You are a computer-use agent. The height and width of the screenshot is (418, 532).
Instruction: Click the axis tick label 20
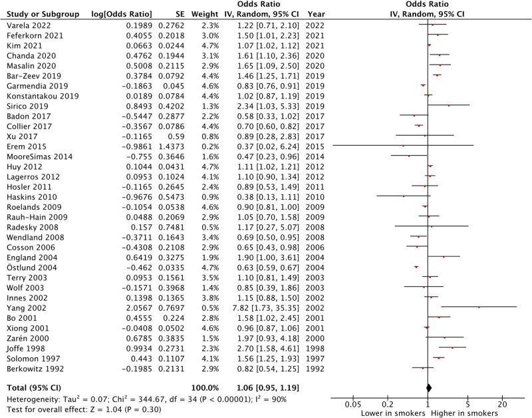coord(503,403)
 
